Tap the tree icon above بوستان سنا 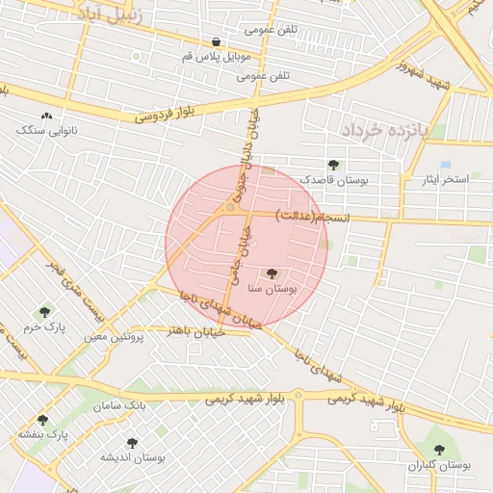click(271, 273)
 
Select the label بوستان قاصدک click(333, 179)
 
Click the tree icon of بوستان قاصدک click(333, 165)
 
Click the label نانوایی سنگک click(48, 129)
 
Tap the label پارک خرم click(44, 327)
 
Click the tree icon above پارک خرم click(44, 312)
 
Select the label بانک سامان click(120, 405)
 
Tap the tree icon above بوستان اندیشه click(132, 443)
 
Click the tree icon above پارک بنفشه click(42, 420)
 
